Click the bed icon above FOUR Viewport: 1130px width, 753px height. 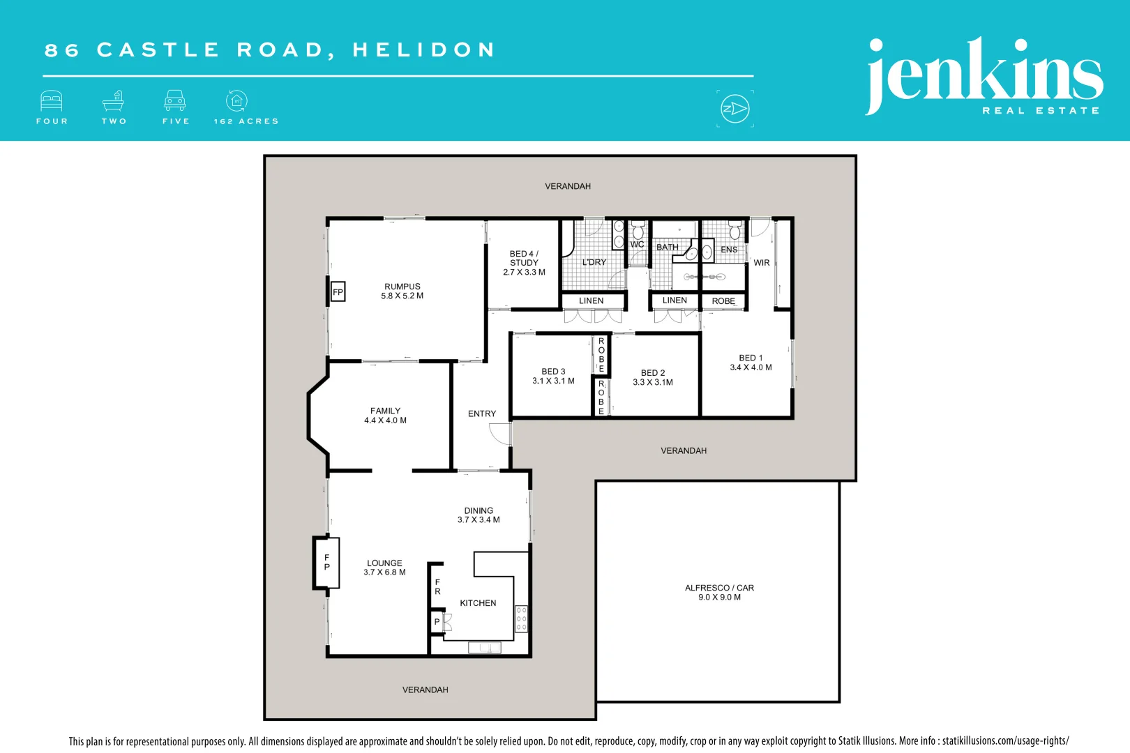[52, 101]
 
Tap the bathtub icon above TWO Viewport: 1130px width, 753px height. [114, 101]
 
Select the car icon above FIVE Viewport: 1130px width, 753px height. [175, 101]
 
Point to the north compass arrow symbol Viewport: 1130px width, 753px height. [735, 109]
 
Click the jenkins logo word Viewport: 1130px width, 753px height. [984, 73]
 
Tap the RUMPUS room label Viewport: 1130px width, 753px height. [402, 287]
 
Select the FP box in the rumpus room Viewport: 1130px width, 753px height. [338, 292]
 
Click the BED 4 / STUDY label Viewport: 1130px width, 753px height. [524, 258]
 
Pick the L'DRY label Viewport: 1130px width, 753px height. [594, 262]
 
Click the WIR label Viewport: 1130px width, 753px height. [762, 263]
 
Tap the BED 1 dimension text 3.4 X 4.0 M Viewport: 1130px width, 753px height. [751, 367]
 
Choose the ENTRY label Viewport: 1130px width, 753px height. [482, 413]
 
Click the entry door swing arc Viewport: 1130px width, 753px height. [499, 434]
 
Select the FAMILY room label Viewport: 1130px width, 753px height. [385, 411]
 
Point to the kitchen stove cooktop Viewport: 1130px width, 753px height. [521, 618]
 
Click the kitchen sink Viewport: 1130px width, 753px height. [484, 648]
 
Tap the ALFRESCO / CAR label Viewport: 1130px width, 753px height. [719, 588]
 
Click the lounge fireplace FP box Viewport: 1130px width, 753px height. [326, 562]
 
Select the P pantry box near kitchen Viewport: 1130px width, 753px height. [437, 622]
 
